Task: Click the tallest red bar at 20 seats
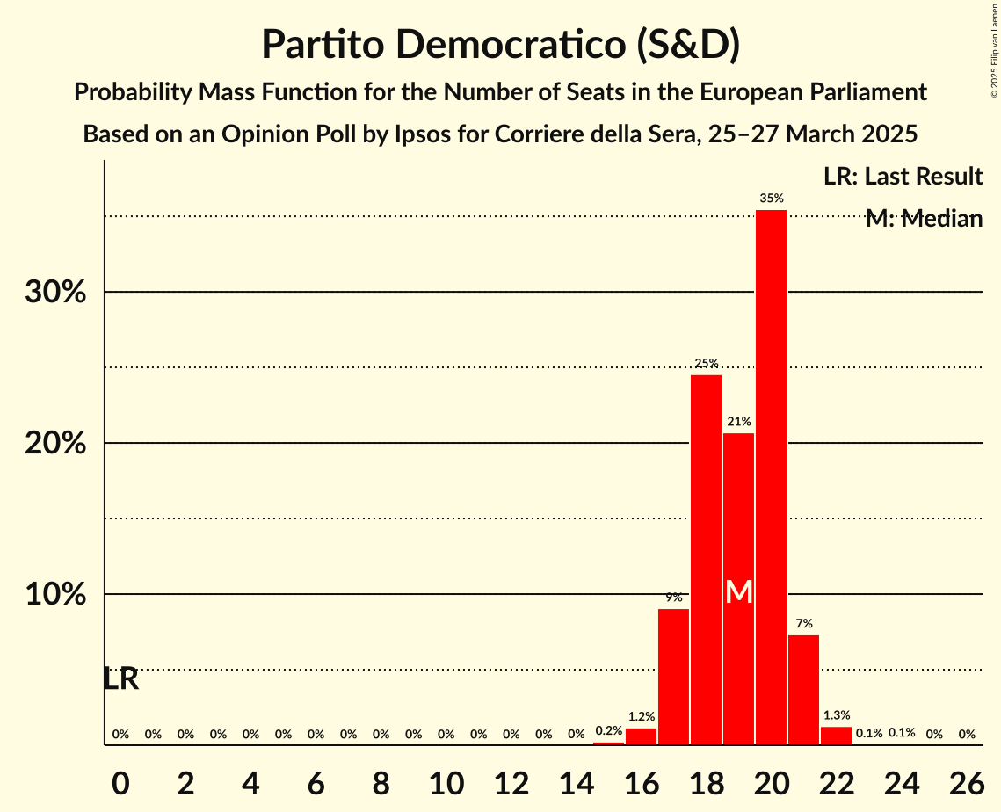click(771, 477)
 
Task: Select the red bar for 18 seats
click(706, 560)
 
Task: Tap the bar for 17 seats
click(673, 677)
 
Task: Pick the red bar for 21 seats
click(803, 690)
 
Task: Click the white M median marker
click(739, 592)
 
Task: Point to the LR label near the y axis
click(121, 678)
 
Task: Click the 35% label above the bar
click(772, 199)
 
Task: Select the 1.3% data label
click(836, 715)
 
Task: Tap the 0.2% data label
click(608, 730)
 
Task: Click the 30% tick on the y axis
click(55, 292)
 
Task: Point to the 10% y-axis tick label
click(55, 595)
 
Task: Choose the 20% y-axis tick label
click(55, 444)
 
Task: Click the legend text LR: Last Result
click(903, 176)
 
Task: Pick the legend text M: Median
click(923, 219)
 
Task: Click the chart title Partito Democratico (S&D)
click(500, 44)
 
